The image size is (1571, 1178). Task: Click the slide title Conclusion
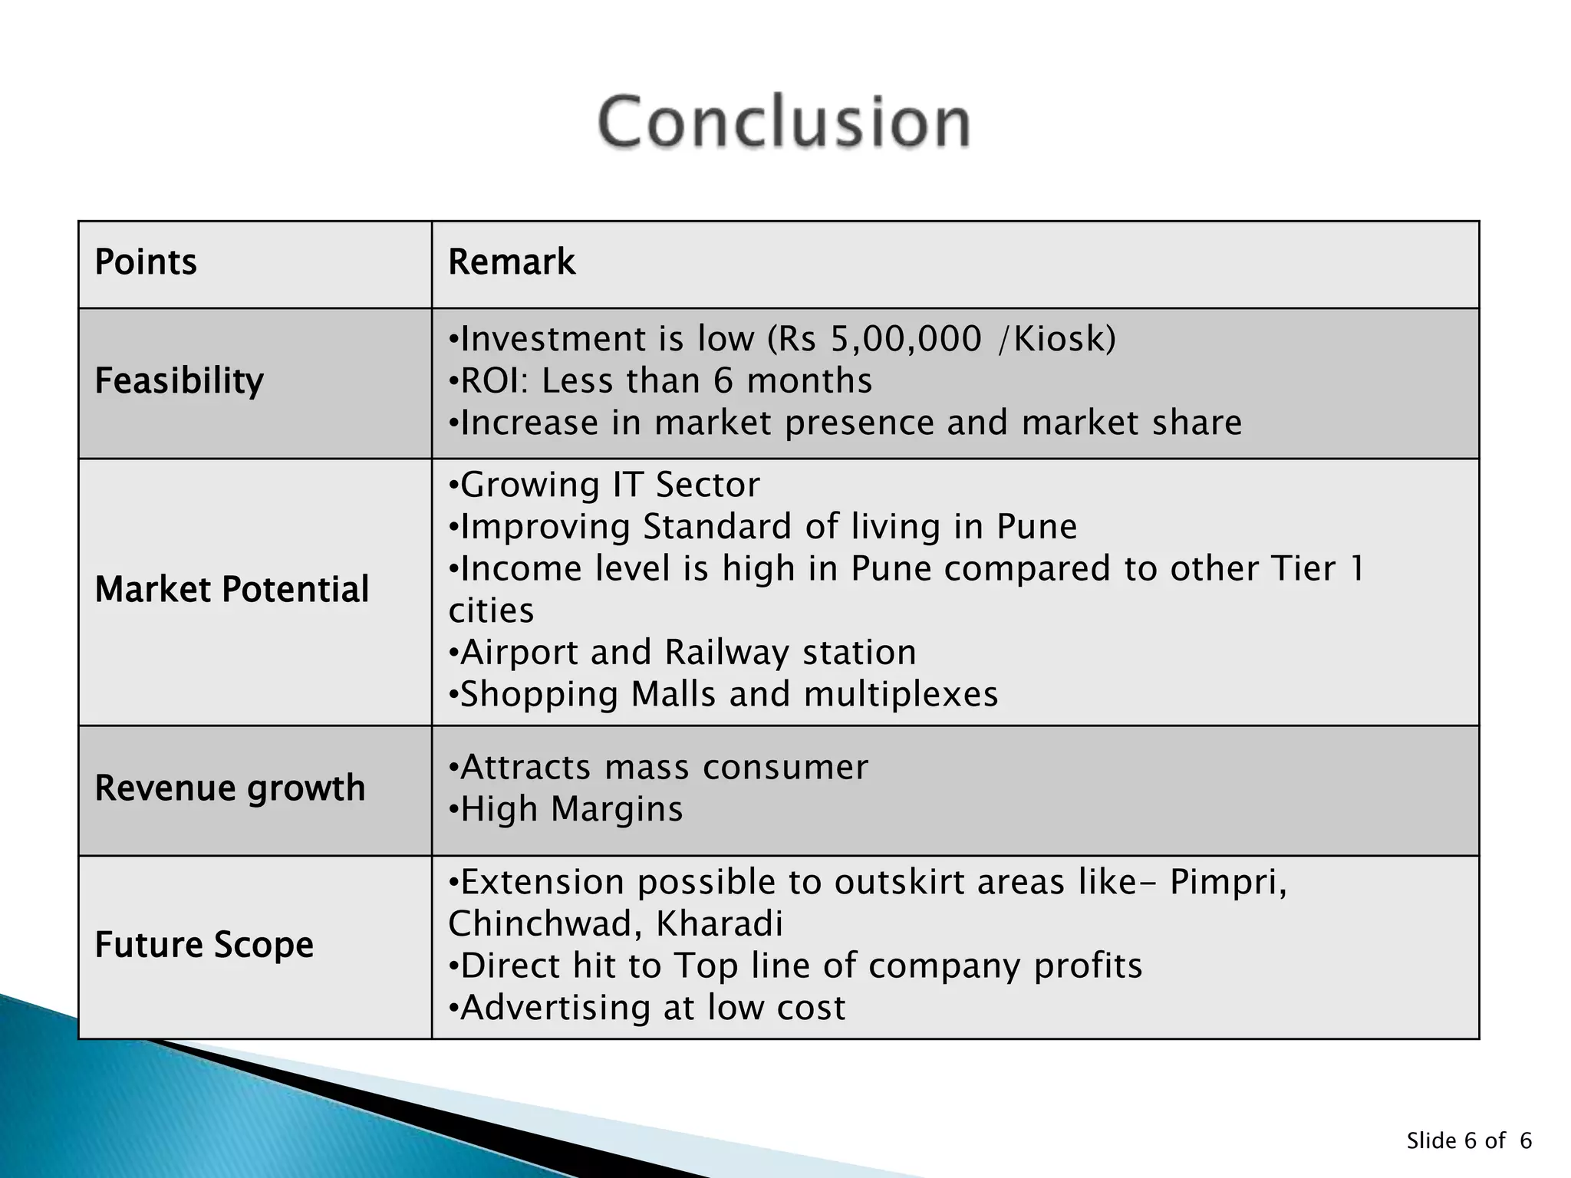[x=784, y=121]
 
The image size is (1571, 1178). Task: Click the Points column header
[x=146, y=262]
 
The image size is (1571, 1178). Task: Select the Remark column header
[x=512, y=262]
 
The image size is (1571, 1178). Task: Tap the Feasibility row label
[x=179, y=381]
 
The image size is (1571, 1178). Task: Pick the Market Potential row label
[x=232, y=590]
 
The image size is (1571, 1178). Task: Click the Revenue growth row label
[x=229, y=788]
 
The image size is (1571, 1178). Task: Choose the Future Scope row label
[x=204, y=945]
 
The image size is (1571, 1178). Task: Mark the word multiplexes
[x=901, y=694]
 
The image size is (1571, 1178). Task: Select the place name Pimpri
[x=1226, y=882]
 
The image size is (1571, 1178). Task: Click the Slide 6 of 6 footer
[x=1468, y=1140]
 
